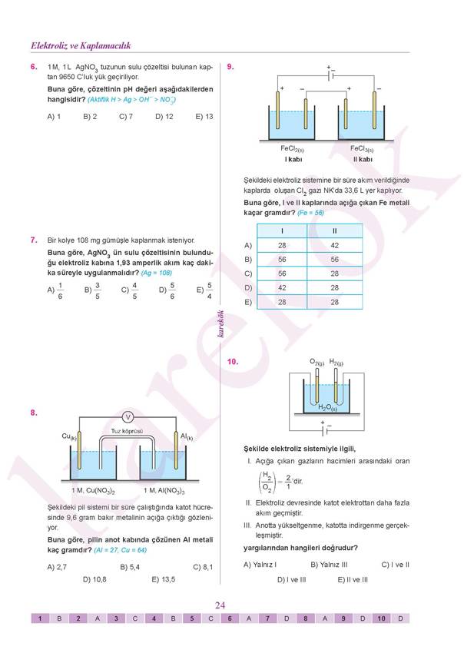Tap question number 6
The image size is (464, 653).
(x=35, y=68)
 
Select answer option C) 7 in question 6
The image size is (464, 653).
(x=126, y=117)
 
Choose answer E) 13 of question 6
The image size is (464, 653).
(x=204, y=117)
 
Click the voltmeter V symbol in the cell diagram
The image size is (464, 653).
(x=129, y=417)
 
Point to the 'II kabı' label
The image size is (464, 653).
(x=363, y=159)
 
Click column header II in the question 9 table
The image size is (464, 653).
(x=334, y=230)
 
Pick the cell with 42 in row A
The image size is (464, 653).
(x=334, y=245)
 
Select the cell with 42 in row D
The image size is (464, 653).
(x=282, y=287)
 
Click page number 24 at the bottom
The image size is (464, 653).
(x=220, y=605)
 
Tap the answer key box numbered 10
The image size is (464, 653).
(x=382, y=618)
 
